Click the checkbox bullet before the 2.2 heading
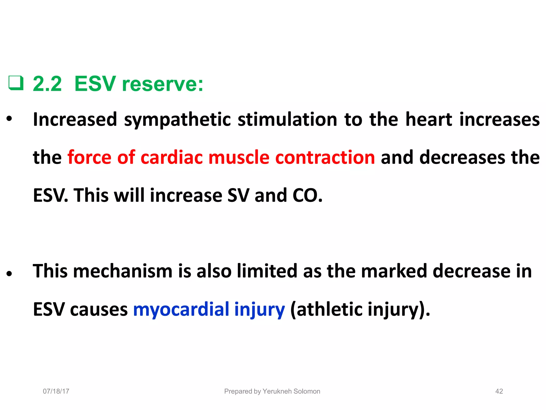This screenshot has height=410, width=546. point(16,83)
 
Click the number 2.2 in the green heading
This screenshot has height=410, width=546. point(47,84)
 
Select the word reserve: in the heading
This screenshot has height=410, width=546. point(163,84)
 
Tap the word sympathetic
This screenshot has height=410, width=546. point(177,120)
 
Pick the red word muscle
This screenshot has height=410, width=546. point(239,157)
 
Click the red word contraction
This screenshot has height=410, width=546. point(325,157)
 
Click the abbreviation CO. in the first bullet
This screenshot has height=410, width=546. point(307,195)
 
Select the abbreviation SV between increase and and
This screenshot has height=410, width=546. point(238,195)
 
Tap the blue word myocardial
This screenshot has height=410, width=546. point(181,310)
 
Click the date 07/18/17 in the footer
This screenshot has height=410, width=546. point(56,391)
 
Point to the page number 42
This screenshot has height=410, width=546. point(499,391)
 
